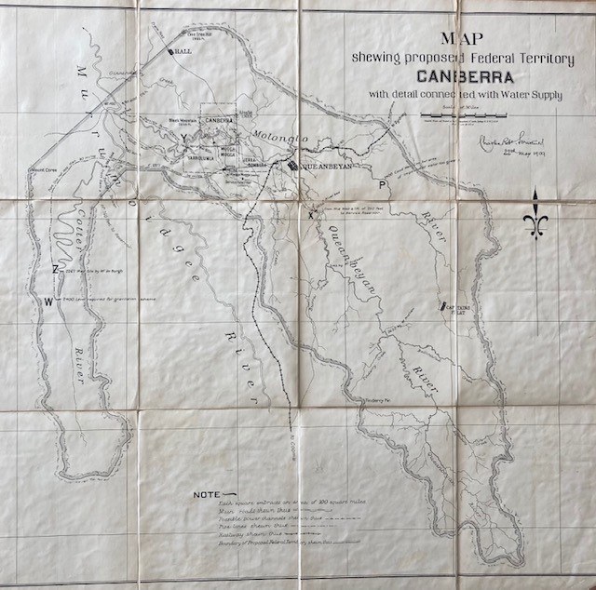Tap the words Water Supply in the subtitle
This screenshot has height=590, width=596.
pos(531,94)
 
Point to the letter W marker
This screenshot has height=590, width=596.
pos(48,301)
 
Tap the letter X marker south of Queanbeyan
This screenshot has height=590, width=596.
pos(311,216)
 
